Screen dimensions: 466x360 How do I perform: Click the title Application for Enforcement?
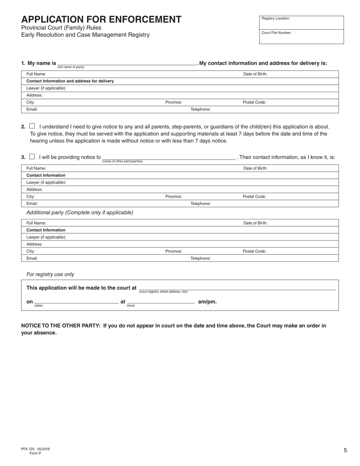[x=101, y=19]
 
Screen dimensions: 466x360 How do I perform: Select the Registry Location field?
[x=301, y=22]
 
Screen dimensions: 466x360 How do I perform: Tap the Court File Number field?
[x=301, y=37]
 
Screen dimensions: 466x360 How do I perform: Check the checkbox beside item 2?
[x=32, y=126]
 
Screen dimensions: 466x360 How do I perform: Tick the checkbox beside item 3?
[x=32, y=156]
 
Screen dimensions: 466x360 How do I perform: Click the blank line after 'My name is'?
[x=126, y=63]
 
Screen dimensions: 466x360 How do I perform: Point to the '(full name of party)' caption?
[x=71, y=67]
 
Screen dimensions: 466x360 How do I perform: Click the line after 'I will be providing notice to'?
[x=169, y=157]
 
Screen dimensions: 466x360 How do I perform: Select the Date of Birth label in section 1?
[x=255, y=74]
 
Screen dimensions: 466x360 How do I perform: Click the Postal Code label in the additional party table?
[x=254, y=251]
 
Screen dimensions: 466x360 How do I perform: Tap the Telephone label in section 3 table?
[x=200, y=203]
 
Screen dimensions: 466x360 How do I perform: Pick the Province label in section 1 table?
[x=174, y=102]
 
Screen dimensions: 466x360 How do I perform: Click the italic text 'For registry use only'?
[x=50, y=274]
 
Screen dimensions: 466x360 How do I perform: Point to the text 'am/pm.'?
[x=207, y=302]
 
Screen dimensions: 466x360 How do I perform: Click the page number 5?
[x=345, y=450]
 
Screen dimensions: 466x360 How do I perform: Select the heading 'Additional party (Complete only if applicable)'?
[x=80, y=213]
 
